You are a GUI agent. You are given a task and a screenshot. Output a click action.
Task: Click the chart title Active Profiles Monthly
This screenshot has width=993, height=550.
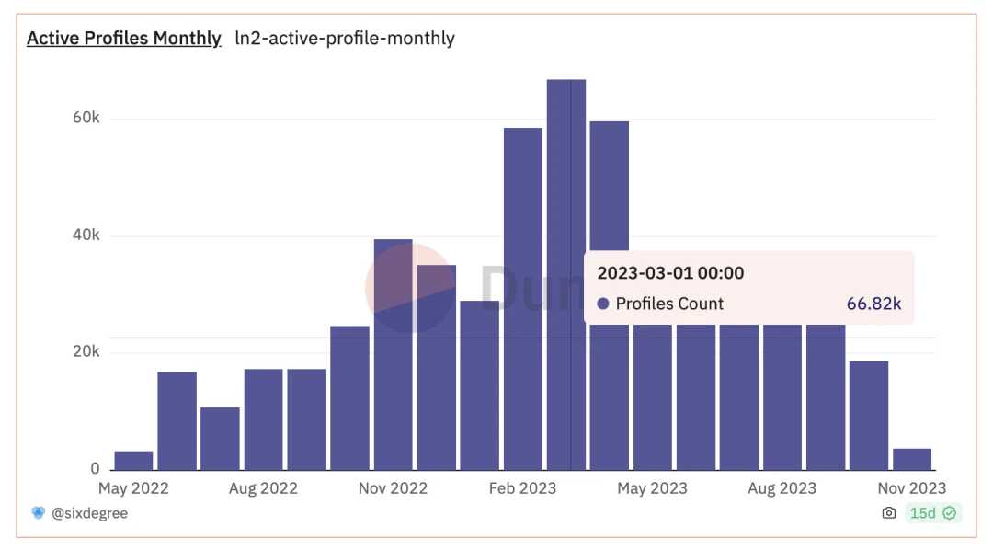tap(123, 39)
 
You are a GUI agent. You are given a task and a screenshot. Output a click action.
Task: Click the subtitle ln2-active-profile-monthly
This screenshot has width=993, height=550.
tap(345, 39)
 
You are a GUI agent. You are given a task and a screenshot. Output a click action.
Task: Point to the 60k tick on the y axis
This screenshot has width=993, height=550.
tap(86, 119)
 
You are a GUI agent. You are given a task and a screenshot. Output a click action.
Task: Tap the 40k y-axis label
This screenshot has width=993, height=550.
tap(86, 235)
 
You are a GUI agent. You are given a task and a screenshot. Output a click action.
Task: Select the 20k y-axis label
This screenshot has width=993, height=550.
tap(86, 352)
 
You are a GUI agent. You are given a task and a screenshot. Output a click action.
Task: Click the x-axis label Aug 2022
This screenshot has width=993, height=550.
tap(263, 488)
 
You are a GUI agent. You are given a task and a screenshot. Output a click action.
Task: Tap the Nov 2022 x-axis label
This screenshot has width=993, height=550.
tap(393, 488)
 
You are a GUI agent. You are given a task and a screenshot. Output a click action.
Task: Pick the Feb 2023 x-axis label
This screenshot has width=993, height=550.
tap(522, 488)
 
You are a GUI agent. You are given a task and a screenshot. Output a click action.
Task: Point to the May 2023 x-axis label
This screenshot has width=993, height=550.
tap(652, 488)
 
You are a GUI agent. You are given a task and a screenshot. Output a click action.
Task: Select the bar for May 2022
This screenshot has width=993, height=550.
tap(133, 460)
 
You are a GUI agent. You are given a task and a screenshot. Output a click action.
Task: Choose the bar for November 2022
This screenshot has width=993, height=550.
tap(393, 368)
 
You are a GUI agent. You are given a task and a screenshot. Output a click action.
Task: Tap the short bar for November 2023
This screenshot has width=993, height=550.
tap(912, 459)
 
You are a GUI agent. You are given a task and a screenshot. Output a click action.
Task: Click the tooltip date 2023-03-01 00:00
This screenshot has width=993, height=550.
tap(670, 273)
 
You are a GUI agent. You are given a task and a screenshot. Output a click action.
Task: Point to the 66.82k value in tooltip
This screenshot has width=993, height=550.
tap(873, 304)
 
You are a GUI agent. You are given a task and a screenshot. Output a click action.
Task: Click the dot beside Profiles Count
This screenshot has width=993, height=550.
tap(603, 304)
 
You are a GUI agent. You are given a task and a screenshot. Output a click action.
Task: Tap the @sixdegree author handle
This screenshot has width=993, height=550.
tap(89, 513)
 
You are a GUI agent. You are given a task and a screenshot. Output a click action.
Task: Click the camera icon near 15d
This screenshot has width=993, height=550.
tap(888, 513)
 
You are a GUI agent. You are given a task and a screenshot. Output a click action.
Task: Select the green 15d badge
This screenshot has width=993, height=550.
tap(932, 513)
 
